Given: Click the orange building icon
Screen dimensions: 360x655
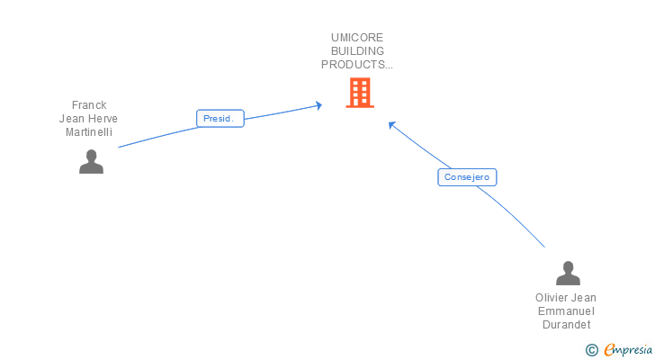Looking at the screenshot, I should [x=359, y=93].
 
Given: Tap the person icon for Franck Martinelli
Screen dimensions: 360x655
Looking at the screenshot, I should [x=91, y=161].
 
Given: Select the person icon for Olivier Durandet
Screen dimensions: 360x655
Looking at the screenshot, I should [x=568, y=273].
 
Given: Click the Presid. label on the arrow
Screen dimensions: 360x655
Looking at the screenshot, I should [x=220, y=119].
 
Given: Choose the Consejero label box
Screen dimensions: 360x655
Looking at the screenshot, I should [x=467, y=177].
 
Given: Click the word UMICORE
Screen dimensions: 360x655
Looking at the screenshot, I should [x=357, y=38].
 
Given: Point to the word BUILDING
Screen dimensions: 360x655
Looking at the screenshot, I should [x=357, y=51].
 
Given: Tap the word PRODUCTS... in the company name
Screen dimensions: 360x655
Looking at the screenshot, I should [x=357, y=65].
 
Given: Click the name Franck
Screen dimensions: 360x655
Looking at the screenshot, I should [x=89, y=105].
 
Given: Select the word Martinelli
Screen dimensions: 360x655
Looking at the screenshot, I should [x=89, y=132].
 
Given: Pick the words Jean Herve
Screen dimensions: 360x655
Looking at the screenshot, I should [x=89, y=119].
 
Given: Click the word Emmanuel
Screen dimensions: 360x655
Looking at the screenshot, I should [x=566, y=311].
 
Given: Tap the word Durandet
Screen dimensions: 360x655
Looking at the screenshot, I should [x=566, y=325].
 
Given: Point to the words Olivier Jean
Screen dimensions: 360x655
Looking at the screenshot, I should [x=566, y=298].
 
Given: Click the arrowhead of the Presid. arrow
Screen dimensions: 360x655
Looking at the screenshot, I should [x=319, y=106].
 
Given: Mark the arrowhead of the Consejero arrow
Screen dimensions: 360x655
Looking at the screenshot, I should [x=391, y=124].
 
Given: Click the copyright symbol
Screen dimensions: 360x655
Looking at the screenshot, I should [x=591, y=350].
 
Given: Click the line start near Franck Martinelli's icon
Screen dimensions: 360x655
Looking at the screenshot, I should [x=120, y=147].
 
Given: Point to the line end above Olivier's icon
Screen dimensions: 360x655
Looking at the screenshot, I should [x=544, y=246].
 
